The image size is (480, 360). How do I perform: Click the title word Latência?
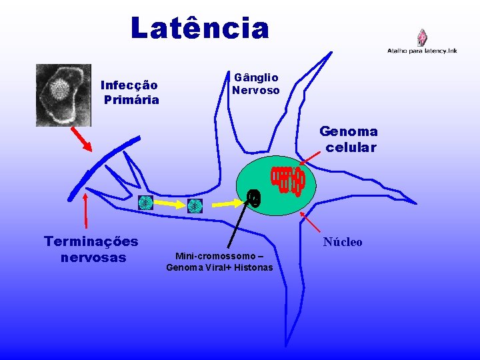200,29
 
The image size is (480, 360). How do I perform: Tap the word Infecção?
129,85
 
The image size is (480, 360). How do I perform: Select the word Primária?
131,100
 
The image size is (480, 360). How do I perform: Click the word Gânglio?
256,77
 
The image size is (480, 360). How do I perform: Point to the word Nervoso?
256,90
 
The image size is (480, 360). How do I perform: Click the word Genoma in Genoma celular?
349,132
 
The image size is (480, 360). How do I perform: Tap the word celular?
351,147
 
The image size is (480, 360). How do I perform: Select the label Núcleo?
343,242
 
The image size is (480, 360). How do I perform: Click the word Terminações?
91,241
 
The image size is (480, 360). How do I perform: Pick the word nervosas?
93,257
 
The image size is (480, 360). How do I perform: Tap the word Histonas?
251,267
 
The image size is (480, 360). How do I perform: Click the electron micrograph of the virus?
63,95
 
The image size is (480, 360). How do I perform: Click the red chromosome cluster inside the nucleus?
287,179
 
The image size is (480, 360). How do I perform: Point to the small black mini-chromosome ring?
253,197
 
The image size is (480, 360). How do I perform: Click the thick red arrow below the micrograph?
82,140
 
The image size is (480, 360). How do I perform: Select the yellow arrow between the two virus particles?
169,205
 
